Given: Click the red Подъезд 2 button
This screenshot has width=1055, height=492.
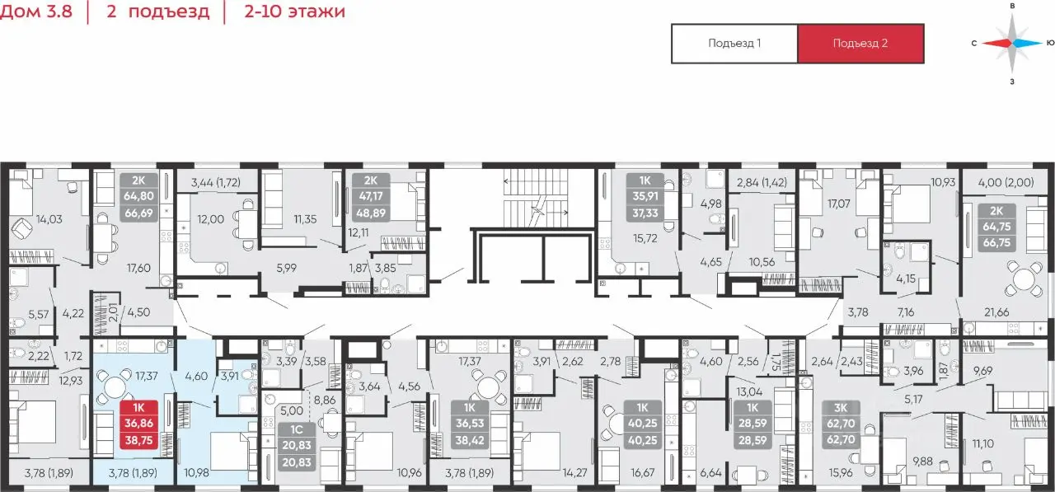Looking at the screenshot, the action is (860, 44).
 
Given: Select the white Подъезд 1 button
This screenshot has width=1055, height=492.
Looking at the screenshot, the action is (734, 44).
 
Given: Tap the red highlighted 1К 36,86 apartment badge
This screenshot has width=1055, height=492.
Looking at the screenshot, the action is (139, 424).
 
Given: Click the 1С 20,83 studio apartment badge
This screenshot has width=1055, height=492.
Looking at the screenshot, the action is (296, 446).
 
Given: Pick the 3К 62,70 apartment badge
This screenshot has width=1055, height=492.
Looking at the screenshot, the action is (841, 424).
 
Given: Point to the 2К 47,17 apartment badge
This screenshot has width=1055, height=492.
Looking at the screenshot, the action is (371, 197).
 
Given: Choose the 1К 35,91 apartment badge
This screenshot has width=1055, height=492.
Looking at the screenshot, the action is (645, 197).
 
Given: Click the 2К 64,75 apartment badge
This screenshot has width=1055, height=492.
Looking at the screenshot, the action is (996, 227).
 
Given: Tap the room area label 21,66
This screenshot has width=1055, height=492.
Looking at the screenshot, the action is (996, 312).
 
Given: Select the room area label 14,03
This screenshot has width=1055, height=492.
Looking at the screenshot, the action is (49, 219).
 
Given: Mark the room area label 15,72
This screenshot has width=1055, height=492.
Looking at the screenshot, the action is (645, 239).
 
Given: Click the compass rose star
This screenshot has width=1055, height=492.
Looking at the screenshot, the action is (1013, 44).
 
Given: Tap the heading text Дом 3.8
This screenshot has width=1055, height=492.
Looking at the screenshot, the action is (36, 11).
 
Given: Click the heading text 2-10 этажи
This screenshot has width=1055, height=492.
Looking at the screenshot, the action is (294, 11).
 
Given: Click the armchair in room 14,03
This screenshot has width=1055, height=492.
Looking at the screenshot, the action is (21, 231).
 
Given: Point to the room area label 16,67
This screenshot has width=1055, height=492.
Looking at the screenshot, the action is (642, 473).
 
